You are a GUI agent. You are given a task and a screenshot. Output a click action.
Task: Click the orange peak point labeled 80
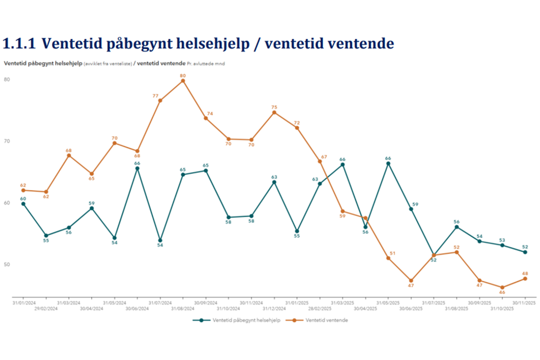point(183,81)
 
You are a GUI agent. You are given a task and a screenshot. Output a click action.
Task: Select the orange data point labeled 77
point(160,100)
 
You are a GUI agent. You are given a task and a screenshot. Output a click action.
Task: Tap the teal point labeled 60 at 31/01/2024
point(23,204)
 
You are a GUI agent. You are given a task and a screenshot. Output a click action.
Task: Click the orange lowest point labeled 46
point(502,287)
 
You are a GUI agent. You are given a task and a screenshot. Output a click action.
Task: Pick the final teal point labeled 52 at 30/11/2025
point(525,252)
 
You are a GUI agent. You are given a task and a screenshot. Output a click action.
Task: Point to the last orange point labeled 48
point(525,279)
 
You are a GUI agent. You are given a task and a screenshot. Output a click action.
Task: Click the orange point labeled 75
point(274,113)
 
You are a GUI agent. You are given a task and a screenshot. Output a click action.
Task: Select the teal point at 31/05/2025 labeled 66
point(388,164)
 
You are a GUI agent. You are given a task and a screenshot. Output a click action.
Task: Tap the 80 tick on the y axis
point(7,79)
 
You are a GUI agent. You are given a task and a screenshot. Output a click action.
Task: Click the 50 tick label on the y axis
point(7,264)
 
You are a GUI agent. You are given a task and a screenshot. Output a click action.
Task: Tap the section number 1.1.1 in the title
point(19,44)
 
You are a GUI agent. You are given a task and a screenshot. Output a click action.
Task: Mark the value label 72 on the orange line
point(297,122)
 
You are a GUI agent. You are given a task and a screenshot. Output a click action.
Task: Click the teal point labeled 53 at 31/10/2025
point(502,245)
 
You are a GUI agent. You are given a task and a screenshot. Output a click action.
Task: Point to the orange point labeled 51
point(388,258)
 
